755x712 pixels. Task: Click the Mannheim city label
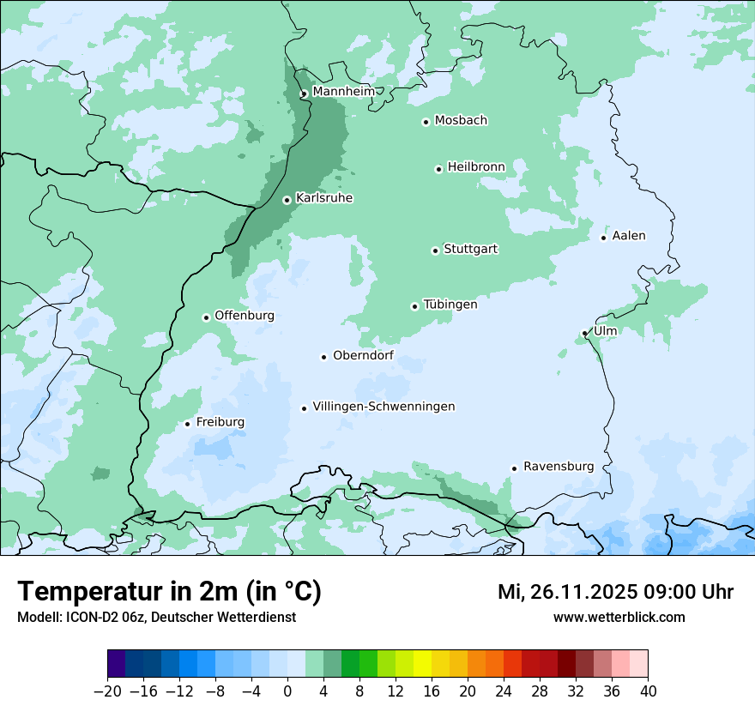(343, 92)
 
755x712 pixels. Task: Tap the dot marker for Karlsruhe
(287, 200)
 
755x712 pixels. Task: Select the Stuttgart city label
(470, 250)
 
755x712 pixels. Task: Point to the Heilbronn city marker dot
(438, 169)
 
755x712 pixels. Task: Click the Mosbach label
(461, 121)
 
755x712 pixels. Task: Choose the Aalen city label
(629, 236)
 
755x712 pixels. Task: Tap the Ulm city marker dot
(585, 333)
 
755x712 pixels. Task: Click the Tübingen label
(450, 305)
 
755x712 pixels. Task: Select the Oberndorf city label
(363, 355)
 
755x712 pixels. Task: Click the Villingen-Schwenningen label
(384, 407)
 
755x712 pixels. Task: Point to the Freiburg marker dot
(187, 424)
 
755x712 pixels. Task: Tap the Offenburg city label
(245, 316)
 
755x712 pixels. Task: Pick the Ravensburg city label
(559, 467)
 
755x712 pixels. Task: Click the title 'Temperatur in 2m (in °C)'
(170, 591)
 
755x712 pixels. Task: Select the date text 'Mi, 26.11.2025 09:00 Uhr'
(615, 592)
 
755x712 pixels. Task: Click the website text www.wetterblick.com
(619, 617)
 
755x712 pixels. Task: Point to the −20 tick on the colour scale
(107, 691)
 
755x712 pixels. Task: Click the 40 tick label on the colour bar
(648, 691)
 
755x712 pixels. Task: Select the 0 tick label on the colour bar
(287, 691)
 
